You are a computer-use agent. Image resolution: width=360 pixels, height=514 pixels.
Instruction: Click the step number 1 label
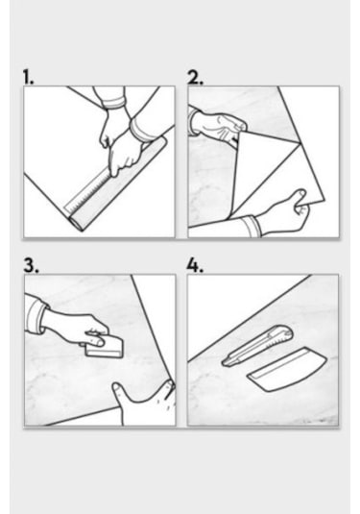click(x=28, y=77)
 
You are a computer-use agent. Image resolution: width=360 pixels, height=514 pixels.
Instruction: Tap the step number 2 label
click(x=195, y=77)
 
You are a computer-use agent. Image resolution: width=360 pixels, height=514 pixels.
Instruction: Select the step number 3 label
click(x=31, y=265)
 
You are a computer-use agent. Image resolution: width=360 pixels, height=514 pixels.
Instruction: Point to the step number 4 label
click(x=195, y=265)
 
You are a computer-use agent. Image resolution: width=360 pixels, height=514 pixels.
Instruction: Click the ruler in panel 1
click(x=88, y=193)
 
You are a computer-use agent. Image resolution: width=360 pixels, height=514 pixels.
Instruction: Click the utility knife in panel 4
click(x=257, y=345)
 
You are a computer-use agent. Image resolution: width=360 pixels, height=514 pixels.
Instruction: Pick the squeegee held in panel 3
click(x=105, y=348)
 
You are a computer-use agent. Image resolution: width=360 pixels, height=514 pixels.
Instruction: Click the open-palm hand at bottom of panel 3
click(x=144, y=404)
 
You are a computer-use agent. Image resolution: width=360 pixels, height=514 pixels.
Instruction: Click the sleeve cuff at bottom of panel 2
click(x=251, y=226)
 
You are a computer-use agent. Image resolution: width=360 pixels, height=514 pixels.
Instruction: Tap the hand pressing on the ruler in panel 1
click(x=126, y=154)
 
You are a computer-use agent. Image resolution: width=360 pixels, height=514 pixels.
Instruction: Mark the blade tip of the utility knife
click(x=224, y=363)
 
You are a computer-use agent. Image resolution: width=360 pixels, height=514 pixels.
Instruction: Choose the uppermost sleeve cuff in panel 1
click(x=113, y=103)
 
